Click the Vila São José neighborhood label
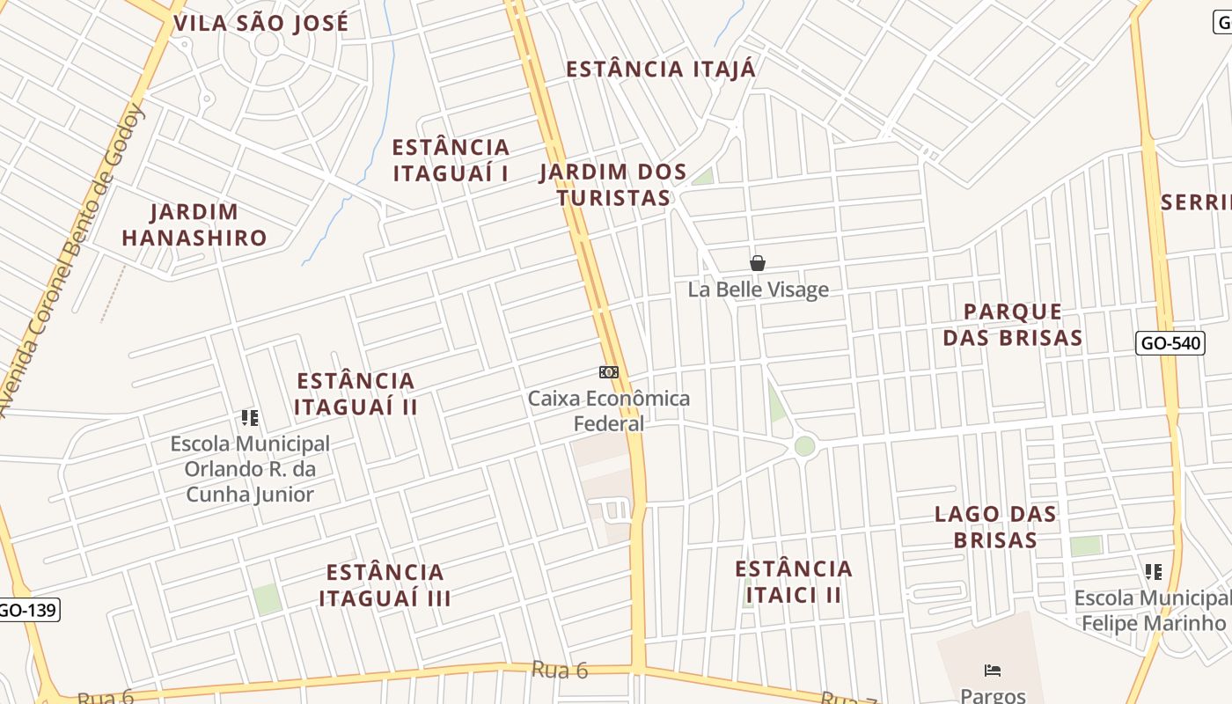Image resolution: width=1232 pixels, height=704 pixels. click(261, 23)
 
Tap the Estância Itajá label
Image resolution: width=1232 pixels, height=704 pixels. click(660, 70)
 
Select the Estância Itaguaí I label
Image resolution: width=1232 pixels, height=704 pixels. click(451, 159)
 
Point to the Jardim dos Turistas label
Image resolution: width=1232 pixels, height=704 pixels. click(613, 185)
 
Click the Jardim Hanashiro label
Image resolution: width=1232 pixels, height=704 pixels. click(194, 224)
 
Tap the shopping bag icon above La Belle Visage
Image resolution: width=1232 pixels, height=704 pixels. click(757, 263)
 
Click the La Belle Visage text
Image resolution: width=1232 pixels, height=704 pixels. click(758, 290)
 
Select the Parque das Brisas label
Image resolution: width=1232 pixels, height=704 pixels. click(1013, 325)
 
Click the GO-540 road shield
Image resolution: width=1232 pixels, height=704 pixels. click(1170, 343)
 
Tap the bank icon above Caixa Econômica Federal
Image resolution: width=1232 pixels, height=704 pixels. click(609, 372)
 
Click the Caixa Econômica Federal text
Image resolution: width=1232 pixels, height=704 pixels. click(609, 411)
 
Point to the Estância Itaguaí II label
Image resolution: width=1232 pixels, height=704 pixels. click(356, 393)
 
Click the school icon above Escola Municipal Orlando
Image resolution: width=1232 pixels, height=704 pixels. click(250, 418)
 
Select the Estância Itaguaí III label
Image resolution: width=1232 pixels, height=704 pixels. click(385, 585)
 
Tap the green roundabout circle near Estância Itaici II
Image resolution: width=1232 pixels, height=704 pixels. click(804, 446)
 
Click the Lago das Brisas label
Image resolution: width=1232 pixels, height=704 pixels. click(995, 526)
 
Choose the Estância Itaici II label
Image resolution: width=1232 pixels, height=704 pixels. click(794, 582)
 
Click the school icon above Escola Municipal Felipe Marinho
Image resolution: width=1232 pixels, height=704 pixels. click(1154, 572)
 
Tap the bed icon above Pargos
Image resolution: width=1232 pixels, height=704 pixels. click(993, 671)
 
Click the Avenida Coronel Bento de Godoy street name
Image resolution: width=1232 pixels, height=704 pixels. click(77, 255)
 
